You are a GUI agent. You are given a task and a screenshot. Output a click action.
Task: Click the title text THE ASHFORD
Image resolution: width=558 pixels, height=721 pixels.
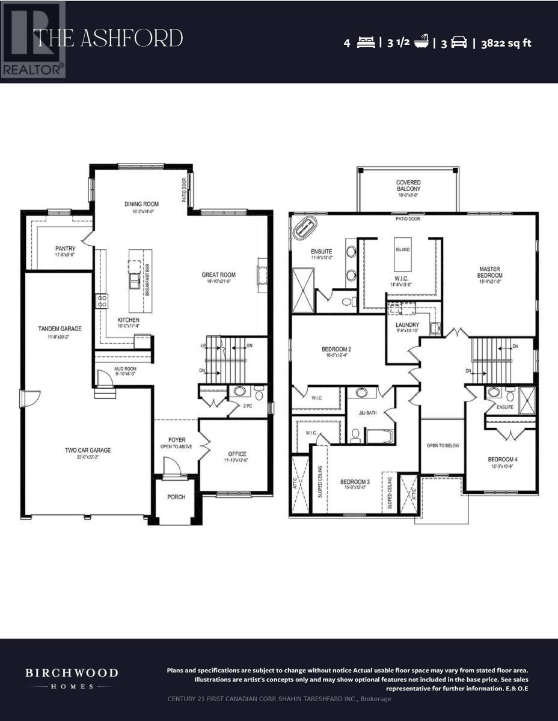[108, 39]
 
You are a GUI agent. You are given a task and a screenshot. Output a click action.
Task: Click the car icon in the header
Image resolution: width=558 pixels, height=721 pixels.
[459, 43]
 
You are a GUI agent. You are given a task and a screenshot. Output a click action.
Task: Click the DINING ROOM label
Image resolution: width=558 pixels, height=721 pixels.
[141, 204]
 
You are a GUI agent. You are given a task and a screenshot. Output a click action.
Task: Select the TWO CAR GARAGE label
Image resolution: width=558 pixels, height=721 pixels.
[88, 450]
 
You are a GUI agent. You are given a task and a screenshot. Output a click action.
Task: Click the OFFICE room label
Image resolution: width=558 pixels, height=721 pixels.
[237, 454]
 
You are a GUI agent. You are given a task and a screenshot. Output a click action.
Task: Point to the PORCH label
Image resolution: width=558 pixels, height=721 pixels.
[176, 497]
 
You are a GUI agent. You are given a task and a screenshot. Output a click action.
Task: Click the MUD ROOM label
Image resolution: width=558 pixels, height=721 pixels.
[125, 369]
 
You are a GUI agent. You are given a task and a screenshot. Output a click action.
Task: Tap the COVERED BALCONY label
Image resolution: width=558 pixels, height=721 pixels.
[408, 186]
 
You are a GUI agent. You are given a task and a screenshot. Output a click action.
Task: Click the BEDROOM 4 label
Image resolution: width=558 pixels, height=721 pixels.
[503, 460]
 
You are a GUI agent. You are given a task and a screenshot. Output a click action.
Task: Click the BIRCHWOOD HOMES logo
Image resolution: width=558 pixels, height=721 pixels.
[71, 678]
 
